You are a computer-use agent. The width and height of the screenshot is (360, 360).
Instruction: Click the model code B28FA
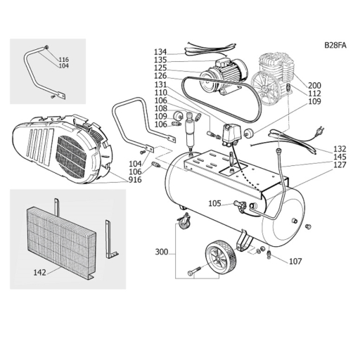click(x=335, y=45)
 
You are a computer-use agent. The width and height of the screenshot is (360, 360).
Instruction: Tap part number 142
click(x=40, y=272)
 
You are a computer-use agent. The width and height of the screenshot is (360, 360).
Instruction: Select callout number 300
click(x=162, y=252)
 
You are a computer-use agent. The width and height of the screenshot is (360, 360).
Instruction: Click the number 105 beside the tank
click(x=215, y=203)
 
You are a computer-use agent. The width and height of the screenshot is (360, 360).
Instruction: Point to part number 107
click(x=295, y=261)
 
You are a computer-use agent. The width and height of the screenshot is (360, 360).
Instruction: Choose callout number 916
click(x=135, y=180)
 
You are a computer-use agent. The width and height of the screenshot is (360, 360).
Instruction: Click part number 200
click(x=314, y=85)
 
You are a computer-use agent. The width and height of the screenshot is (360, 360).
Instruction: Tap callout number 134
click(x=160, y=51)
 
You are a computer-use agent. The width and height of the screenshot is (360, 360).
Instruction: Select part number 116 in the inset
click(x=63, y=60)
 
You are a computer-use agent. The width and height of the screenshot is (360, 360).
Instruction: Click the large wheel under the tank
click(x=221, y=256)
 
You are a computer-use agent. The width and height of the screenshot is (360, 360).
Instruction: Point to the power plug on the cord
click(x=319, y=131)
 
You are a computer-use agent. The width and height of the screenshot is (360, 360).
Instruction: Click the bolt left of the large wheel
click(x=194, y=271)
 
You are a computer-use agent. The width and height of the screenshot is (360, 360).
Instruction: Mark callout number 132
click(x=340, y=149)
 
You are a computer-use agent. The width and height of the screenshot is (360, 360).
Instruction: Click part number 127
click(x=340, y=165)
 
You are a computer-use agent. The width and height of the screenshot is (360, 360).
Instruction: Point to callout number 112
click(x=314, y=94)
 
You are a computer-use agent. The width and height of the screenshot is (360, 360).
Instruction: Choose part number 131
click(x=160, y=84)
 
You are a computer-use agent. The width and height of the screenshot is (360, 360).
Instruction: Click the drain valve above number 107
click(x=269, y=254)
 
